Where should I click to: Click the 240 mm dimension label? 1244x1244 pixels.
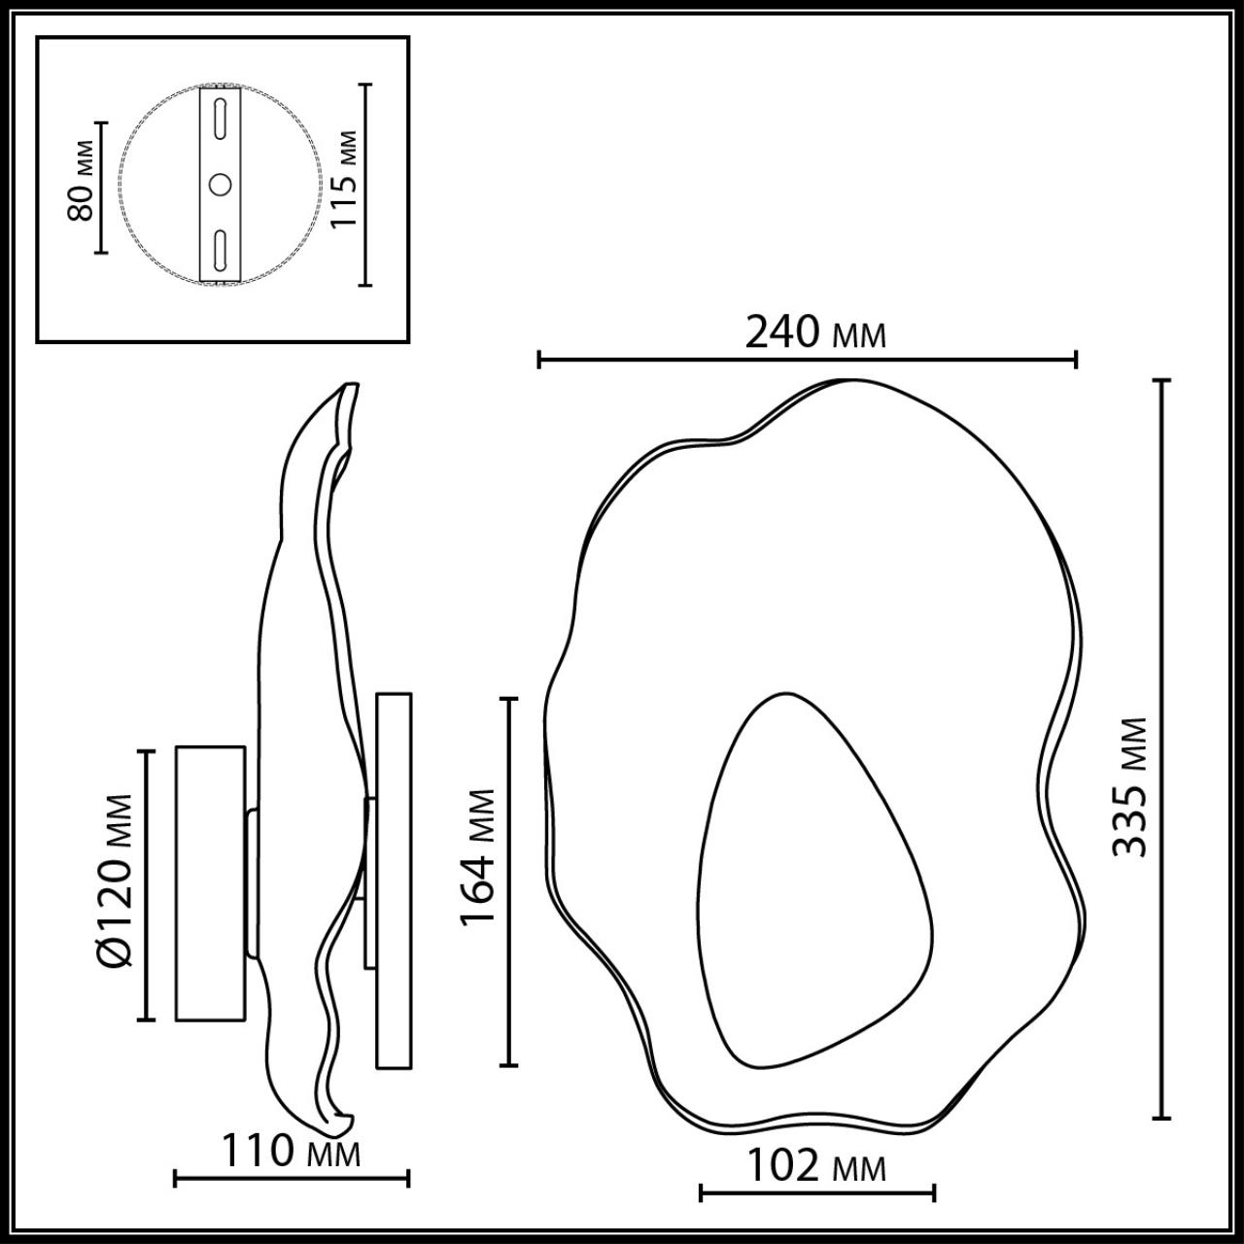[x=814, y=332]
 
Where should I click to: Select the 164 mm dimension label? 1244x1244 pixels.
[x=478, y=857]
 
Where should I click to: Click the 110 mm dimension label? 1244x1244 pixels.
[x=292, y=1153]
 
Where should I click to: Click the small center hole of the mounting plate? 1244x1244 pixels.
[x=221, y=184]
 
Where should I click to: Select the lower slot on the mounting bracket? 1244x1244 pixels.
[x=221, y=250]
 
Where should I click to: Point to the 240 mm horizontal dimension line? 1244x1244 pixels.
[x=807, y=361]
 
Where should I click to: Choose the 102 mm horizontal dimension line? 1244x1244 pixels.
[x=816, y=1192]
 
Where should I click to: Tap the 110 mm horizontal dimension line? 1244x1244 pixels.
[x=292, y=1179]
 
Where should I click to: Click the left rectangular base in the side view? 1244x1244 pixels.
[x=209, y=882]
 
